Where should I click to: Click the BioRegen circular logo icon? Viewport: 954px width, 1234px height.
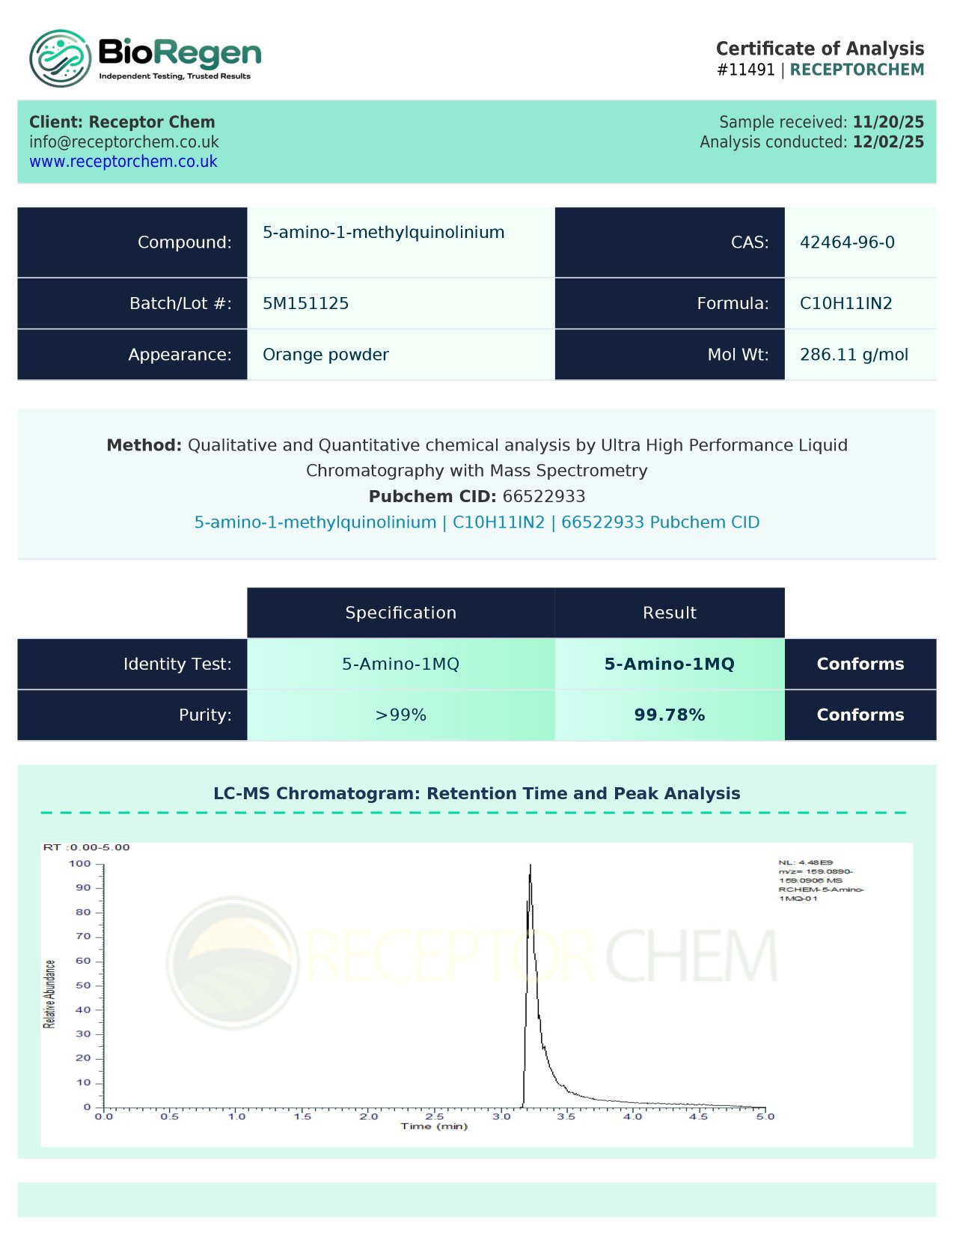(x=60, y=58)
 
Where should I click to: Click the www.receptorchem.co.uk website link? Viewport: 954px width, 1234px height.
(x=123, y=162)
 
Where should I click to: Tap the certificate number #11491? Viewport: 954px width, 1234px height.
(x=745, y=70)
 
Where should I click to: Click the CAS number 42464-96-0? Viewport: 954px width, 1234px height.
(x=847, y=242)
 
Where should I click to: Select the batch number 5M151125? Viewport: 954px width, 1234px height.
(x=305, y=303)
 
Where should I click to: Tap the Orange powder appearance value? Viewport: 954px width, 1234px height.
(x=325, y=355)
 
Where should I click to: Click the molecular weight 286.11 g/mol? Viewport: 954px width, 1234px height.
(x=854, y=355)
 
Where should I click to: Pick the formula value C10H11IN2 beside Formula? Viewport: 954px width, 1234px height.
(x=846, y=303)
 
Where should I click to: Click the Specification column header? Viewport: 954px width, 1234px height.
(x=400, y=613)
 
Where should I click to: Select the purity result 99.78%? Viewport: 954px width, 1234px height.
(x=669, y=715)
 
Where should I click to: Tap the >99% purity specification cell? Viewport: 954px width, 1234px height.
(x=400, y=715)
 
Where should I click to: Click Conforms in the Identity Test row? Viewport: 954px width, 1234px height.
(x=860, y=664)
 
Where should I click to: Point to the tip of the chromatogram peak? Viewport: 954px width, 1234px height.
(x=530, y=866)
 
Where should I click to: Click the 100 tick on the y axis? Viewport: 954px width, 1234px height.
(x=80, y=864)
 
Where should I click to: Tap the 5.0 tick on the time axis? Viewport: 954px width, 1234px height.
(x=765, y=1117)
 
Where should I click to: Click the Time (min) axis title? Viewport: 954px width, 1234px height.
(x=434, y=1126)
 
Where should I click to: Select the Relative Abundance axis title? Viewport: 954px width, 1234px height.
(x=49, y=994)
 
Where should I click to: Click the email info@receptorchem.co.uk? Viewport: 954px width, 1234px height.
(x=124, y=142)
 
